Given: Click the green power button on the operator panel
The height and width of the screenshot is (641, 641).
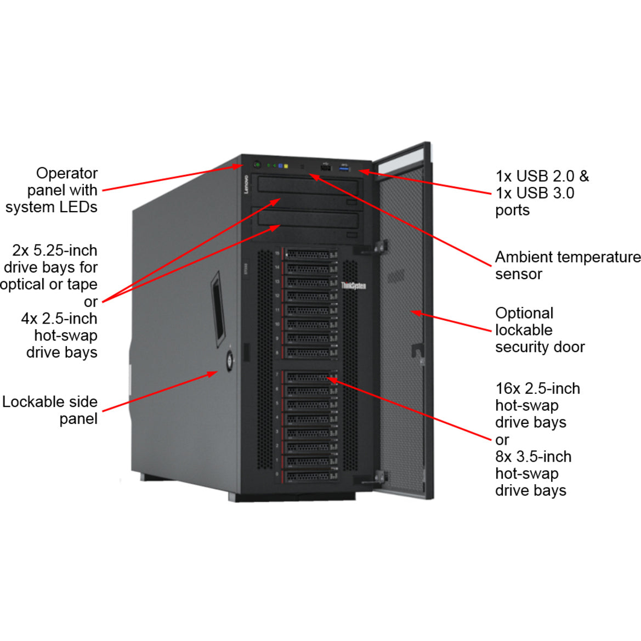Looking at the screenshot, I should click(x=257, y=164).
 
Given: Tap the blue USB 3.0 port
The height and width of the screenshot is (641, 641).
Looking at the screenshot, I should click(x=345, y=167).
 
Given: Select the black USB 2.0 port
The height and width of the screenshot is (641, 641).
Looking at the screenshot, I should click(x=325, y=166).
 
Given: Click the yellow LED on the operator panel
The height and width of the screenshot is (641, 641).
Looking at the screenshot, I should click(x=286, y=166).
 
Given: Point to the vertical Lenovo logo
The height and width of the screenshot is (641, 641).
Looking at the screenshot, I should click(x=246, y=184).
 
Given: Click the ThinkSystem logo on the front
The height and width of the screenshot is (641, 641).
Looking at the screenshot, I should click(x=353, y=286).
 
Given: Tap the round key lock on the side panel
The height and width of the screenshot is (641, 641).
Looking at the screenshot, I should click(x=229, y=360).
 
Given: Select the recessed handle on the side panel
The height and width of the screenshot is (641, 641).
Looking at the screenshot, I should click(x=218, y=308).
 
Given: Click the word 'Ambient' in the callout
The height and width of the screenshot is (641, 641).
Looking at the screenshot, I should click(x=524, y=257).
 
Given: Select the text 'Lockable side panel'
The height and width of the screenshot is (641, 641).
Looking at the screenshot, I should click(x=50, y=410).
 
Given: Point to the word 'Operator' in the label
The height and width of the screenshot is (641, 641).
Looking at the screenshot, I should click(x=66, y=173).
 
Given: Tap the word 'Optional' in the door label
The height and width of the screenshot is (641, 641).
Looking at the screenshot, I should click(x=524, y=313).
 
